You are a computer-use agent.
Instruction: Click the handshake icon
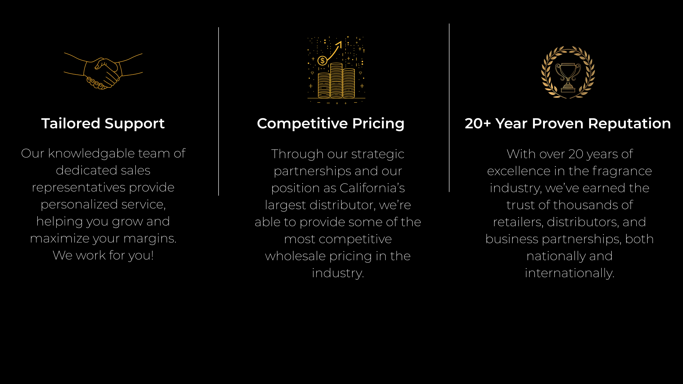tap(103, 71)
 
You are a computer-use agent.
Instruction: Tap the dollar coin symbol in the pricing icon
tap(322, 61)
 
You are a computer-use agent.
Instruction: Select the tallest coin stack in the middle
tap(336, 80)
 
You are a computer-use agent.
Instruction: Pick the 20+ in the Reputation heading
tap(478, 124)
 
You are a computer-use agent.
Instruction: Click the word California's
tap(372, 188)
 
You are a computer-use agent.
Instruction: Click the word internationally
tap(570, 273)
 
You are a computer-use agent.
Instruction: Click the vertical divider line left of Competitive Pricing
tap(218, 111)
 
